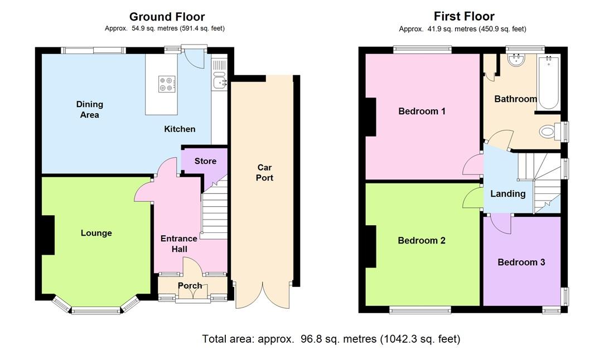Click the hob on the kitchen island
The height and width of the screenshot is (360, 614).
tap(167, 84)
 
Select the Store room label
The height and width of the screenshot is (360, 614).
tap(206, 161)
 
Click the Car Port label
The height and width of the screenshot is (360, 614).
tap(265, 173)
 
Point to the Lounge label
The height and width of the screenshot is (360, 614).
tap(96, 233)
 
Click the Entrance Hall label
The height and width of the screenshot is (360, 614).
tap(179, 244)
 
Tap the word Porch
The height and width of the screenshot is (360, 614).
tap(190, 286)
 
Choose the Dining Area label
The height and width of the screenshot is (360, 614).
tap(90, 110)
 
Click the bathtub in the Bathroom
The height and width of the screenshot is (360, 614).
tap(548, 82)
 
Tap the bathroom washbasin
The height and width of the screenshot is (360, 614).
tap(517, 60)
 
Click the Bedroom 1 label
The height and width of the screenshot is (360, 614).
tap(422, 111)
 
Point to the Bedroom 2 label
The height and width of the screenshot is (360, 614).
tap(422, 240)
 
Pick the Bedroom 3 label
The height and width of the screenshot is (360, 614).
tap(521, 262)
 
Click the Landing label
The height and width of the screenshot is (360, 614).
tap(508, 194)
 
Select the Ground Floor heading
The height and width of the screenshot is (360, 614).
tap(167, 17)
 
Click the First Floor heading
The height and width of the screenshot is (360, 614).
tap(464, 16)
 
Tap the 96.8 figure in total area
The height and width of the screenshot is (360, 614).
tap(311, 339)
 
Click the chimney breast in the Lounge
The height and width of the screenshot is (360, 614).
tap(48, 235)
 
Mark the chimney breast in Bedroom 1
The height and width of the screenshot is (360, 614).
tap(370, 116)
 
